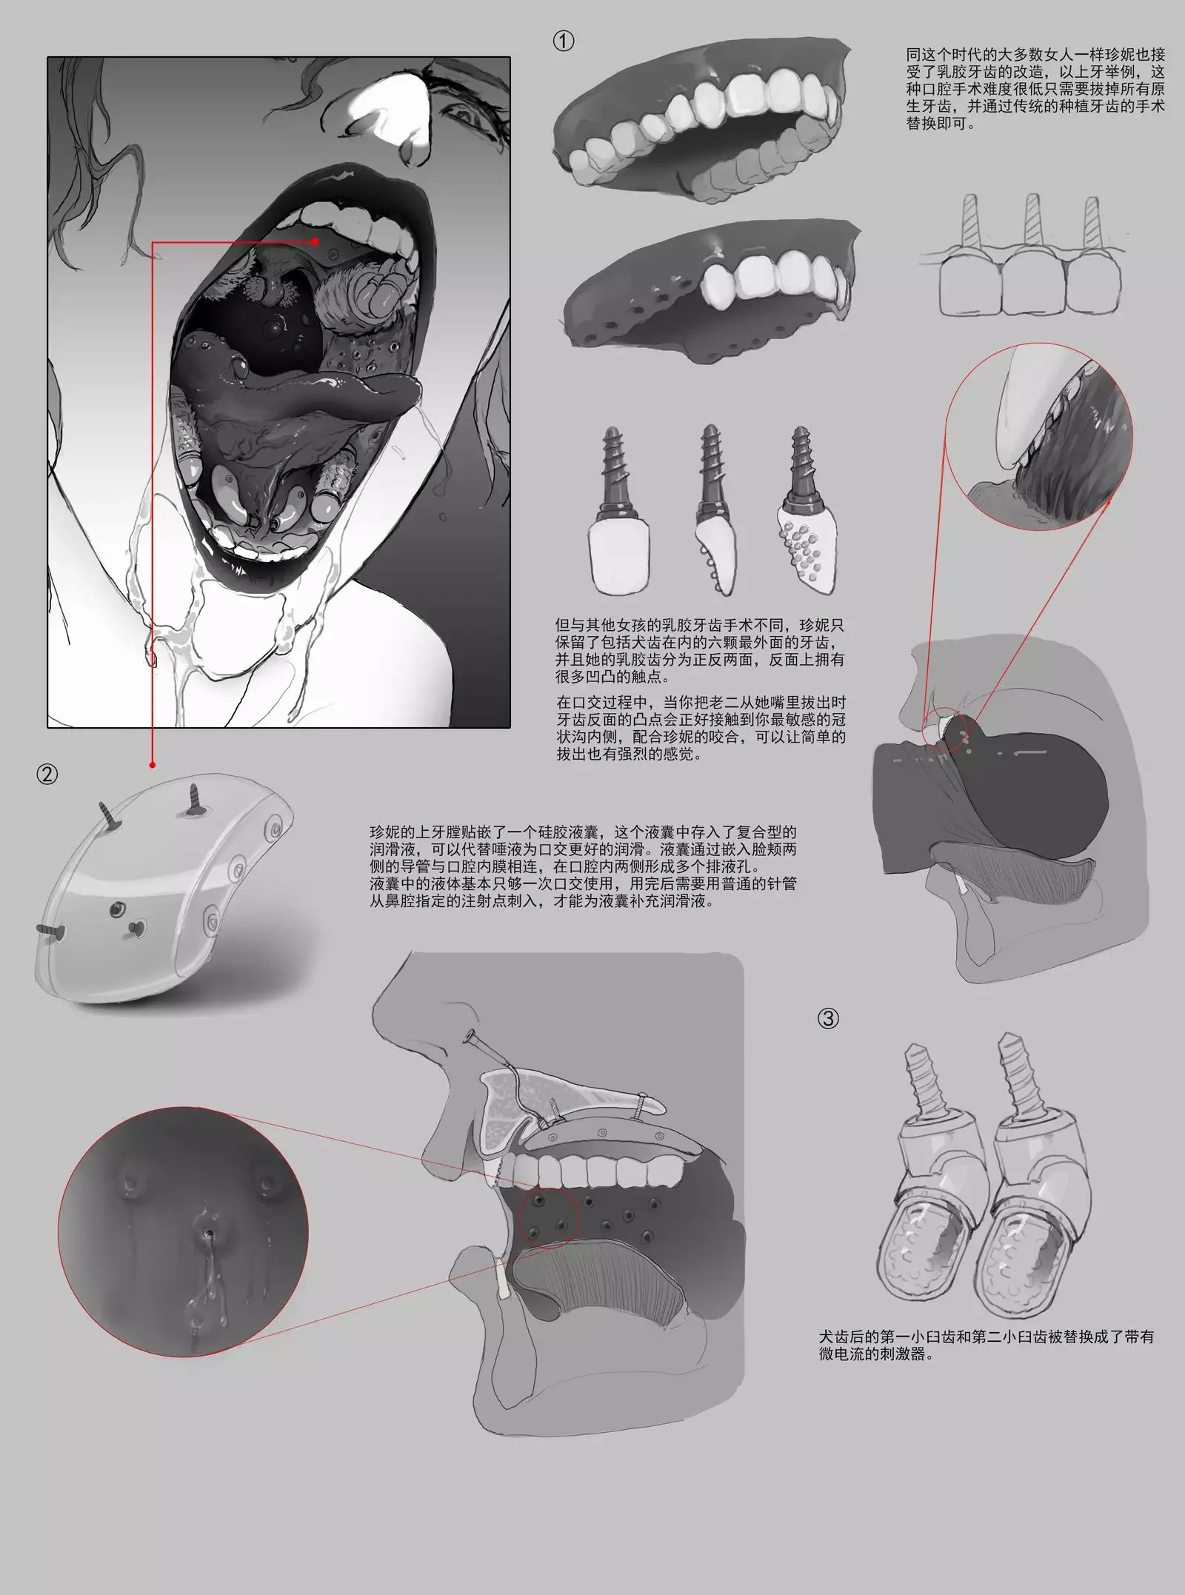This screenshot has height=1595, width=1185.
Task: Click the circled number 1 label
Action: (563, 41)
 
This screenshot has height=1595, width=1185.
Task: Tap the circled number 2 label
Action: (46, 775)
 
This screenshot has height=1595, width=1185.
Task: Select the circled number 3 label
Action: (828, 1019)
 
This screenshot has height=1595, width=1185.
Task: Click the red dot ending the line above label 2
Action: (152, 764)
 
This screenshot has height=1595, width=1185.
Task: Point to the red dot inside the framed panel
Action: (316, 241)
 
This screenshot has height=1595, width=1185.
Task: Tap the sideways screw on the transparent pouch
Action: (51, 930)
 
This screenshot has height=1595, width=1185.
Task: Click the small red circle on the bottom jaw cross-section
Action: (548, 1220)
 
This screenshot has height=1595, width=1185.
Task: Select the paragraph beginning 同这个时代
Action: (1035, 89)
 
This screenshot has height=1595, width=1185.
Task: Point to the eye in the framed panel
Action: (463, 115)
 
